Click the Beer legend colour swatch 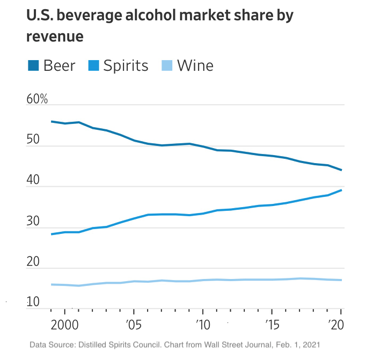(34, 66)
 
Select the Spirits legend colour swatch (93, 66)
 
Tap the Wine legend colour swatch (167, 66)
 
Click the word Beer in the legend (59, 66)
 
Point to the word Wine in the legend (195, 66)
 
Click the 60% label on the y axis (37, 100)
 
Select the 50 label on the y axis (33, 140)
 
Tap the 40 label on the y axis (33, 181)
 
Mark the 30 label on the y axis (33, 222)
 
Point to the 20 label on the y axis (33, 262)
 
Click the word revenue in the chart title (55, 36)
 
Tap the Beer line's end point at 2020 (341, 170)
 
